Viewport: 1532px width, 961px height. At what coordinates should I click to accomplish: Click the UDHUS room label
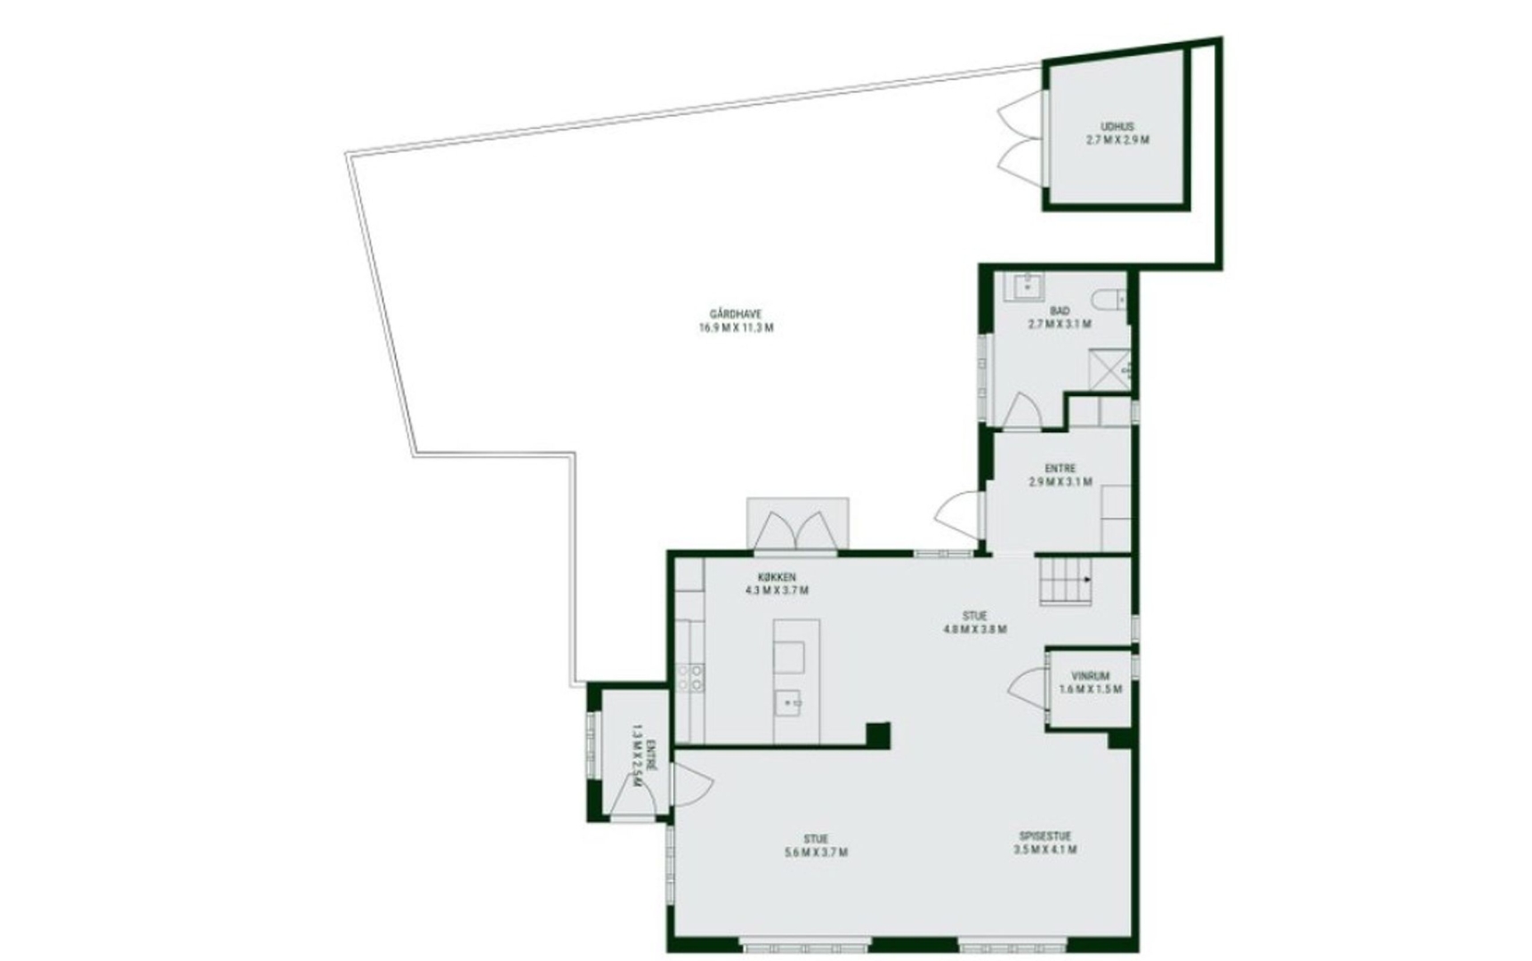tap(1117, 126)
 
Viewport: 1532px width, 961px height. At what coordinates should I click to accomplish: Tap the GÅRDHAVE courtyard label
tap(736, 314)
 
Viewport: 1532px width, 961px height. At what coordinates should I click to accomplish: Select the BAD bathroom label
tap(1059, 311)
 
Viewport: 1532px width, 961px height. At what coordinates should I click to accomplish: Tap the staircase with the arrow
tap(1066, 580)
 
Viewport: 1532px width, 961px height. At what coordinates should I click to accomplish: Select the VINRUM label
tap(1090, 675)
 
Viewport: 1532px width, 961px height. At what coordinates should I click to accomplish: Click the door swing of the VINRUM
tap(1028, 688)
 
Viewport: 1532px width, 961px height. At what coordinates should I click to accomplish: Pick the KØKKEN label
tap(777, 577)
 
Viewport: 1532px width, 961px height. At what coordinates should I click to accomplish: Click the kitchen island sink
tap(787, 702)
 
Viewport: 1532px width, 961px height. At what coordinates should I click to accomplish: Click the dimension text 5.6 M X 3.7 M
tap(815, 852)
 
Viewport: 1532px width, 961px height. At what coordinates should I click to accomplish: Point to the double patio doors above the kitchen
tap(798, 532)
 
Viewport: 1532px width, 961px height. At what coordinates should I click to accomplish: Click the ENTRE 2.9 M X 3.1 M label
tap(1060, 475)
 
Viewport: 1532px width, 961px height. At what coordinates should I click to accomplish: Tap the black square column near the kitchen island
tap(878, 735)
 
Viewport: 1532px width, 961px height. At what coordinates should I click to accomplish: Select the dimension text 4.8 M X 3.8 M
tap(975, 629)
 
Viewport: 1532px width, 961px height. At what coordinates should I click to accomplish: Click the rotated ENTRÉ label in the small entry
tap(652, 755)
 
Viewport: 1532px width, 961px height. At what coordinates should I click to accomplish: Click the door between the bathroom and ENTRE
tap(1020, 410)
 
